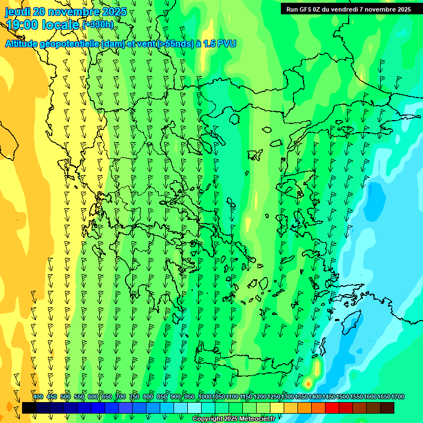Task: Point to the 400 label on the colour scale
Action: click(x=37, y=397)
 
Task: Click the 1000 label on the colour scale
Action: click(x=205, y=397)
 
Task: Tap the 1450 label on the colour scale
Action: click(x=329, y=397)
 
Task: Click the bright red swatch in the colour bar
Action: click(x=332, y=408)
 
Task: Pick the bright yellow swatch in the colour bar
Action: click(x=277, y=408)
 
